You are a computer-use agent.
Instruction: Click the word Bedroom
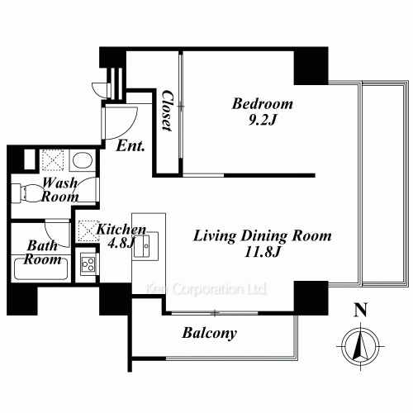click(262, 104)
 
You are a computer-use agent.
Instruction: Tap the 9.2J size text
click(263, 120)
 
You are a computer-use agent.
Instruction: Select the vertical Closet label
click(167, 111)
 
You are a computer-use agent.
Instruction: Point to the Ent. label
click(131, 147)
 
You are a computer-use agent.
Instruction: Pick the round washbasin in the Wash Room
click(81, 160)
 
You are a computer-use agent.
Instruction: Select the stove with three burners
click(88, 265)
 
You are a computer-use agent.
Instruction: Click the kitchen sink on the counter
click(150, 244)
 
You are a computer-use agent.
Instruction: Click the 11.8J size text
click(262, 251)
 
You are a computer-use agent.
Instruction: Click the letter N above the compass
click(358, 311)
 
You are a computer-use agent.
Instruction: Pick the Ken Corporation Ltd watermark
click(206, 290)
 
